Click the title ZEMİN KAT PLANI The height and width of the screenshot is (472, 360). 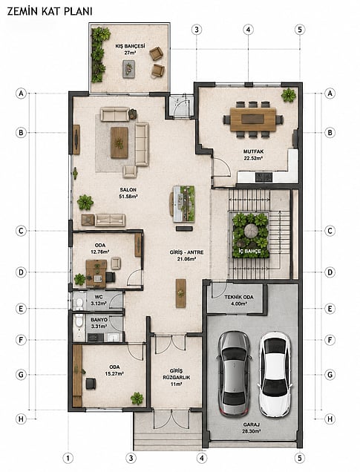tap(50, 11)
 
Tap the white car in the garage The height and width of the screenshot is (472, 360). tap(275, 374)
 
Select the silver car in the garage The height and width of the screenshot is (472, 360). tap(234, 374)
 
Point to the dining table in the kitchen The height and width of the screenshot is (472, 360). tap(253, 119)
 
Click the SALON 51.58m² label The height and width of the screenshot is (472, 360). tap(128, 193)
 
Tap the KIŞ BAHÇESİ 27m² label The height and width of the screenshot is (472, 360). tap(131, 49)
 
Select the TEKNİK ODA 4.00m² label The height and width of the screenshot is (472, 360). tap(239, 300)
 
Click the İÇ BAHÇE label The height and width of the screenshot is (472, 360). tap(250, 251)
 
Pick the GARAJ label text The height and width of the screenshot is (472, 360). tap(252, 425)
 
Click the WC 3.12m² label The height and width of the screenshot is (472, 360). tap(99, 300)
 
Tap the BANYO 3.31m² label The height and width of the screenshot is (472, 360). tap(99, 323)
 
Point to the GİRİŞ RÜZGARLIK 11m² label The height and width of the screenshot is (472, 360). tap(177, 378)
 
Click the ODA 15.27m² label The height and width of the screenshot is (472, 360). tap(114, 370)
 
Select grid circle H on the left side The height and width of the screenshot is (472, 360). tap(21, 419)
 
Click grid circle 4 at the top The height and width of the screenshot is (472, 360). tap(248, 30)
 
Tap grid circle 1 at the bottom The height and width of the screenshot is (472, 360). tap(68, 458)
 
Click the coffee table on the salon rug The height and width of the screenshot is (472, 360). tap(120, 142)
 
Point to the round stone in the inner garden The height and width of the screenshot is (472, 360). tap(251, 231)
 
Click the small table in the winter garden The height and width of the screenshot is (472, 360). tap(129, 69)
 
